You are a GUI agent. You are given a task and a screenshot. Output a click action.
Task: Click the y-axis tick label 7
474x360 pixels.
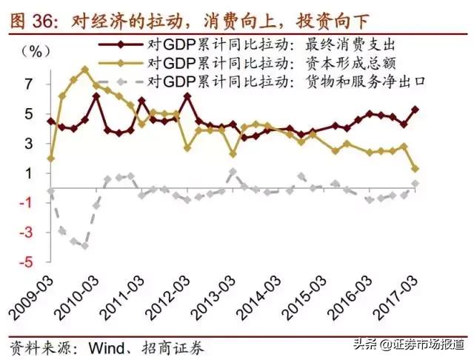(x=28, y=85)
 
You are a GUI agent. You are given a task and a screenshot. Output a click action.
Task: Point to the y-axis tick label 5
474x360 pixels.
(x=28, y=115)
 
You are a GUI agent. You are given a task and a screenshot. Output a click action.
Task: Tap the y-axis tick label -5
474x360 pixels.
(x=25, y=262)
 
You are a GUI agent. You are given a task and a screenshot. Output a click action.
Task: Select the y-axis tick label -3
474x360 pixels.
(x=25, y=233)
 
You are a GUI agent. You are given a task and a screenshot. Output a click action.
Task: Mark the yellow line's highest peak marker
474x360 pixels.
(x=84, y=69)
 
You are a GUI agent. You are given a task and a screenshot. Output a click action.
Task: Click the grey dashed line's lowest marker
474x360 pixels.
(x=84, y=246)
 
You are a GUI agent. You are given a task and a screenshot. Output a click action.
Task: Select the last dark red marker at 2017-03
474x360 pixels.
(x=415, y=110)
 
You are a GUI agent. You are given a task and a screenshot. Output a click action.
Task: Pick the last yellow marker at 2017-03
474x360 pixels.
(x=415, y=169)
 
